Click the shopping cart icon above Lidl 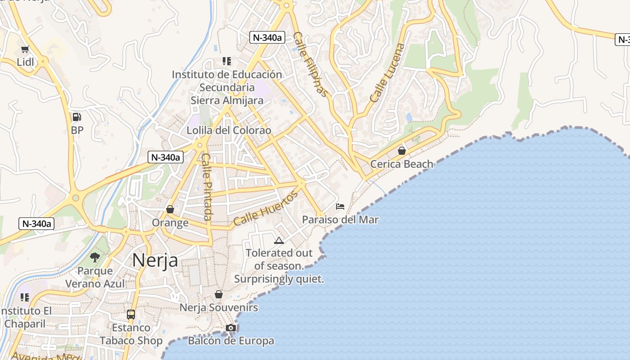click(x=25, y=49)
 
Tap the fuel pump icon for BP click(x=77, y=117)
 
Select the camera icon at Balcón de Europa click(x=231, y=328)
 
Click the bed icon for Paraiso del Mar click(x=340, y=207)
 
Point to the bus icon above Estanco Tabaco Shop click(x=131, y=315)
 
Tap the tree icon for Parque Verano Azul click(x=95, y=257)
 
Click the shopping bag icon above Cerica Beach click(x=401, y=151)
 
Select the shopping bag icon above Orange click(x=170, y=209)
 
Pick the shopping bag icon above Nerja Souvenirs click(x=219, y=294)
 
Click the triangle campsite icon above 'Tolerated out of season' click(x=279, y=240)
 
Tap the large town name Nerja click(x=155, y=261)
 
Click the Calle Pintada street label click(x=207, y=187)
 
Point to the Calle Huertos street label click(x=265, y=208)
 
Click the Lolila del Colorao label click(x=229, y=130)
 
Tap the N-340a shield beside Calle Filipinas click(x=267, y=37)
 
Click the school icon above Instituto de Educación click(x=227, y=61)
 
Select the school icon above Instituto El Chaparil click(x=25, y=297)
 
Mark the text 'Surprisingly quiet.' click(x=279, y=279)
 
